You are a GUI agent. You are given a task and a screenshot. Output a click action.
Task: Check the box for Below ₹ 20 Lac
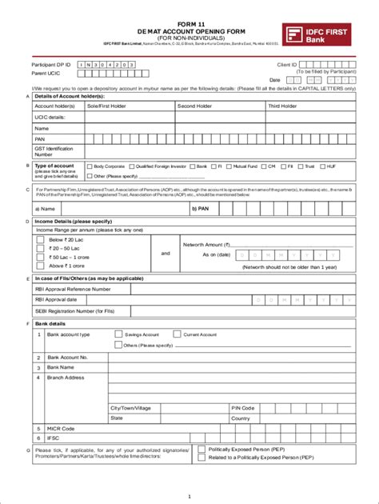[40, 239]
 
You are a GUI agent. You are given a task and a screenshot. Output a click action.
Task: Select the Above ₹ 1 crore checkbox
[40, 266]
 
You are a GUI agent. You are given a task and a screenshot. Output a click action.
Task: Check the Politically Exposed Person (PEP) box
[201, 450]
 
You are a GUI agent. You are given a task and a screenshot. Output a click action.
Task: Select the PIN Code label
[242, 407]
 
